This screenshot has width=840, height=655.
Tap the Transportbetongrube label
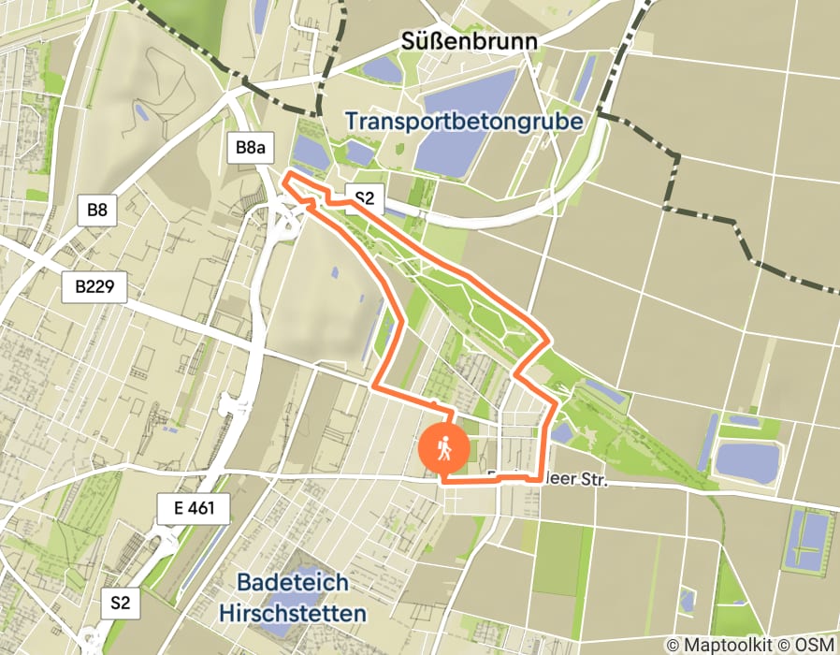[x=463, y=122]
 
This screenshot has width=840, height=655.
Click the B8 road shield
[x=97, y=210]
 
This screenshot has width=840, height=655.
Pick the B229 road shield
[x=94, y=286]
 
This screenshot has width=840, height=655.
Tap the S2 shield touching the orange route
[x=364, y=196]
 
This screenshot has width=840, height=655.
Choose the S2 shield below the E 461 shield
[x=121, y=602]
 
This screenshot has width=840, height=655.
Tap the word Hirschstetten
[x=292, y=613]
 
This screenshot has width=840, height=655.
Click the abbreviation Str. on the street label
[x=593, y=480]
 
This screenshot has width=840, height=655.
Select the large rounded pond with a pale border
[x=748, y=462]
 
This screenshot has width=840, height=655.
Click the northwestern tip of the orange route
[x=285, y=174]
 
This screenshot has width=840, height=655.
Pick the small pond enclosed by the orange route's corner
[x=562, y=431]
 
